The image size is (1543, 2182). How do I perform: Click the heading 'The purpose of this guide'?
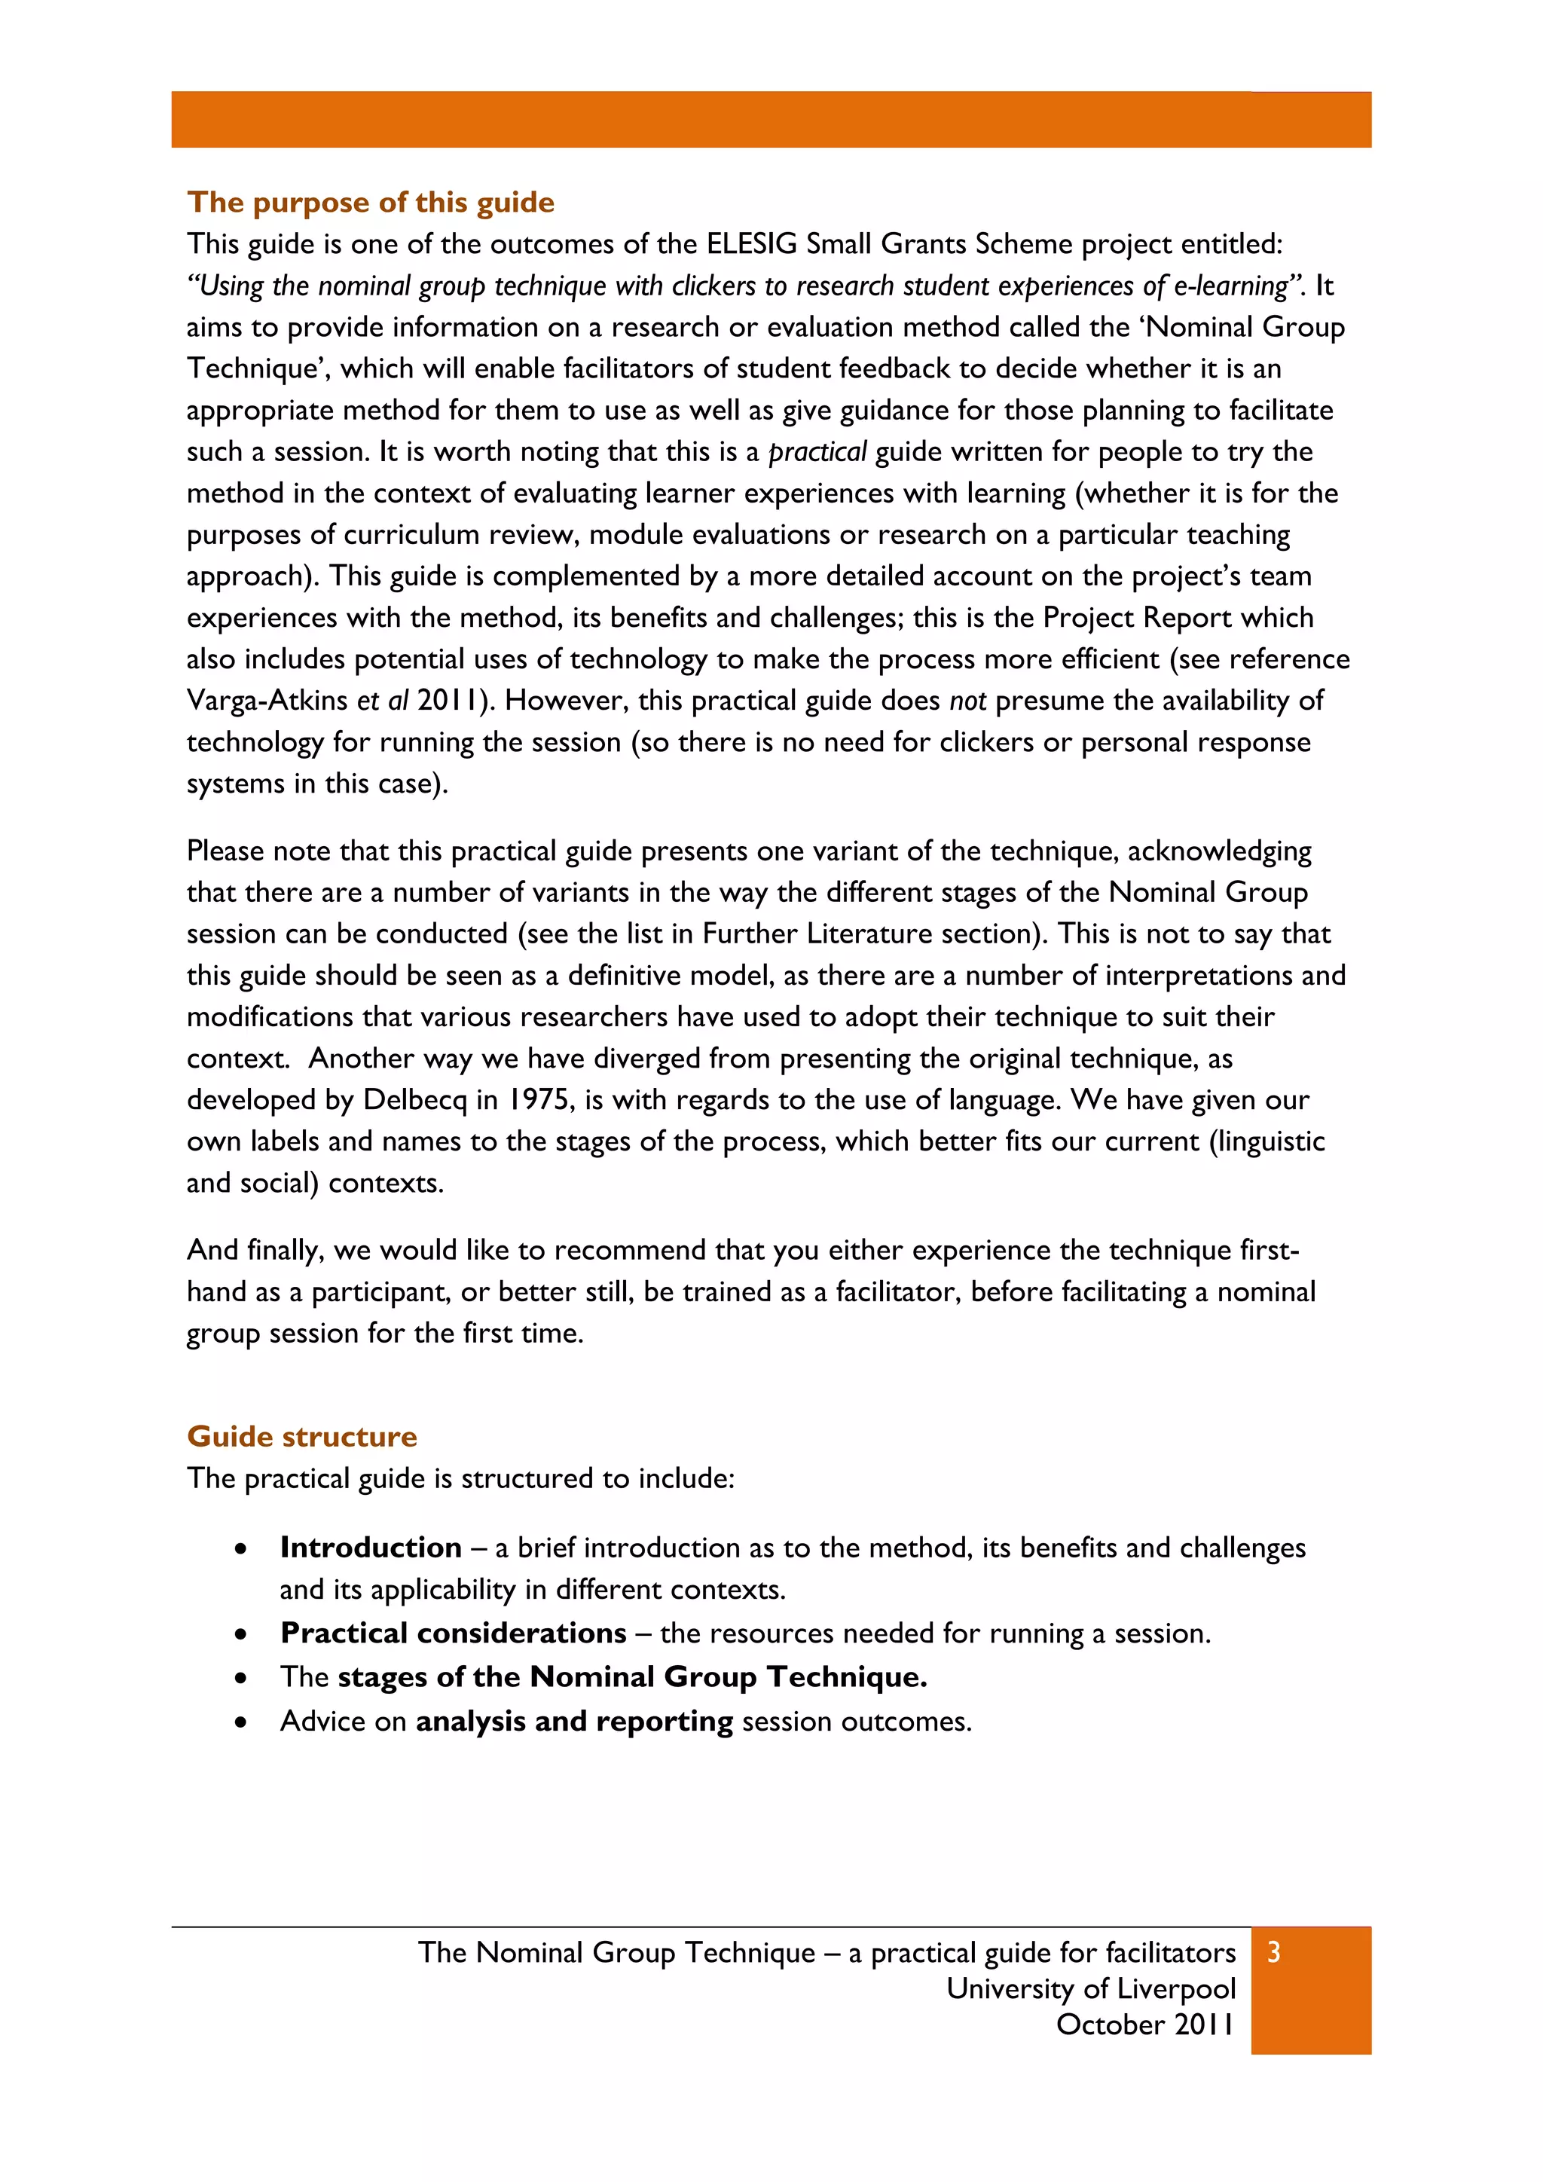371,203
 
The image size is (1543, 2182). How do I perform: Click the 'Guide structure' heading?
302,1436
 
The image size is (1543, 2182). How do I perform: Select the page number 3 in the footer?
1274,1953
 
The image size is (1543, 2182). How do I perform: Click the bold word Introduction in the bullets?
371,1548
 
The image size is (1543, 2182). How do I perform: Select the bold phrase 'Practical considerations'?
454,1633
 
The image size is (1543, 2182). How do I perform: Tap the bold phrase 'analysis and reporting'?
574,1722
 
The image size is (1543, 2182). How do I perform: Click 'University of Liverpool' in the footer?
1091,1989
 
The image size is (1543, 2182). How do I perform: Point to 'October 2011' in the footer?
1145,2025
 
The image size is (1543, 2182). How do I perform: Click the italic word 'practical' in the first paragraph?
817,452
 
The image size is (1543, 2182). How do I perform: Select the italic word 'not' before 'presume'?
967,701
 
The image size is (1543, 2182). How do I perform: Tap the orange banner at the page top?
771,120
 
